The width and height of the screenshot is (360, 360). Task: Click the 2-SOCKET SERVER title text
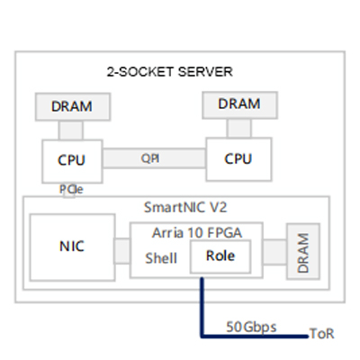coord(170,72)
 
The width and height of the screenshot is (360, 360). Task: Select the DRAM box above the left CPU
coord(73,107)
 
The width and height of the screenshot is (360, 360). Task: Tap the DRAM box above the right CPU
coord(239,105)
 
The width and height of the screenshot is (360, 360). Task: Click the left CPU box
coord(72,161)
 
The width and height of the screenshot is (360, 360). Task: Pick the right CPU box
coord(239,159)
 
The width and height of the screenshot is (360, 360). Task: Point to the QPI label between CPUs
coord(150,158)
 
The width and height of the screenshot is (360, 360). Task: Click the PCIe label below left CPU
coord(71,189)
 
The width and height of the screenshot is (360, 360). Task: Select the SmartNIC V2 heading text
coord(185,207)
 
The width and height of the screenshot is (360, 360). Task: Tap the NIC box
coord(72,247)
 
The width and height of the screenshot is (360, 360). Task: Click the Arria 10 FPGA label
coord(197,233)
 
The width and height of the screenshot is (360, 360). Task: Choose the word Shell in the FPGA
coord(161,258)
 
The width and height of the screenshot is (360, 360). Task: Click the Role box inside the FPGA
coord(220,256)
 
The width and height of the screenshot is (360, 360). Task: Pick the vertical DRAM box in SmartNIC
coord(303,251)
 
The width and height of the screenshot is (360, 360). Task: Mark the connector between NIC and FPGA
coord(122,251)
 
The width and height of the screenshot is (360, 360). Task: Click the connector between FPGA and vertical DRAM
coord(274,252)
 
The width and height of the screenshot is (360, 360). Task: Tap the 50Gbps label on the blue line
coord(251,327)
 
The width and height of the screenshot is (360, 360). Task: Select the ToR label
coord(321,334)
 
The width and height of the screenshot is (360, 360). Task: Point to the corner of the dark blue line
coord(202,337)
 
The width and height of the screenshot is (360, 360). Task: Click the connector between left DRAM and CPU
coord(71,130)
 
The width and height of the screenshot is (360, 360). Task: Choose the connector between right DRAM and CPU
coord(239,128)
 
